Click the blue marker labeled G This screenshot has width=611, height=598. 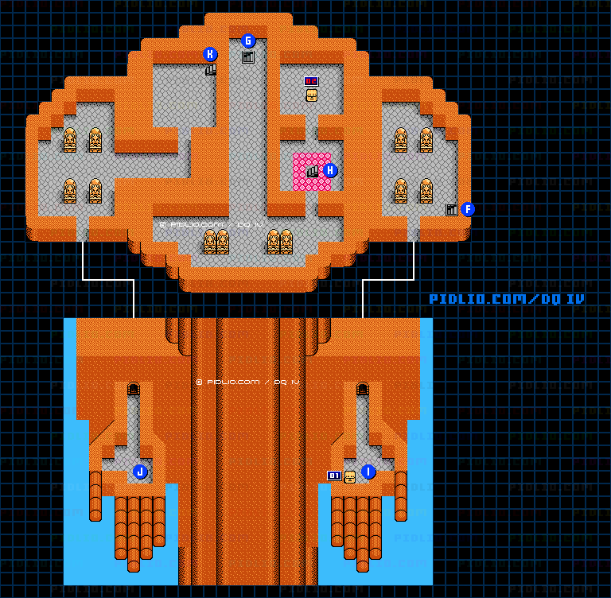coord(247,41)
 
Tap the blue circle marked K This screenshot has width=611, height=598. coord(210,54)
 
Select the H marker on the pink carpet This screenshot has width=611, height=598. coord(330,170)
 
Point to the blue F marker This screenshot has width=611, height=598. coord(468,209)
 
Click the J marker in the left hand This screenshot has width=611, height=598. coord(140,472)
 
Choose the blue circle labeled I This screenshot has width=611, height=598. coord(368,472)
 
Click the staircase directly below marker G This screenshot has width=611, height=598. coord(247,57)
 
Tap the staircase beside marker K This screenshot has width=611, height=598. coord(211,70)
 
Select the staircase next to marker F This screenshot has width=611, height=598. coord(452,210)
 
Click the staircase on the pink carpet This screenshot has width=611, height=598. coord(313,171)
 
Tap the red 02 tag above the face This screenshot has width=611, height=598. coord(311,81)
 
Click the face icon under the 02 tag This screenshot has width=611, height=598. coord(311,95)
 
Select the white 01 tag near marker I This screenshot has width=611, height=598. coord(334,476)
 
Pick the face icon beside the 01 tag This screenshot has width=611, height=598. coord(349,476)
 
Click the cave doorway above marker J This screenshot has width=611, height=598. coord(134,389)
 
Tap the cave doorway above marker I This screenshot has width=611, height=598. coord(363,389)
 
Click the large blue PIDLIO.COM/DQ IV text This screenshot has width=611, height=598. coord(506,299)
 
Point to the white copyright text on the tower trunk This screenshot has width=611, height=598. coord(247,382)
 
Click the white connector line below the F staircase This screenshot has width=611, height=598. coord(414,262)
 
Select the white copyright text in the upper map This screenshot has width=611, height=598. coord(211,225)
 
